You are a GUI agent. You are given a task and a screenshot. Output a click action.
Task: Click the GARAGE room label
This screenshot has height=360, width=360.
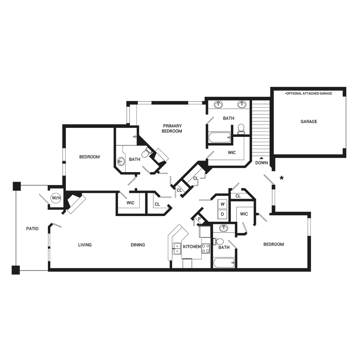[309, 121]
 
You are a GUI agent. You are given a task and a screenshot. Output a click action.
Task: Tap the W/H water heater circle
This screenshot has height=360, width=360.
[56, 198]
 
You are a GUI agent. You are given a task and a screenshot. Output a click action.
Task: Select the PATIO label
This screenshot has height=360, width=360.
[32, 229]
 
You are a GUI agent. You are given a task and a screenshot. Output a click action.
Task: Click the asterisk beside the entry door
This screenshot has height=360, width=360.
[282, 178]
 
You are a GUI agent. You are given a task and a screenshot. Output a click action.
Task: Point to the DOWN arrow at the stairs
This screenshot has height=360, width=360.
[261, 158]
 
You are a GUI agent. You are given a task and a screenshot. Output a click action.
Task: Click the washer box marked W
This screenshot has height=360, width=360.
[222, 204]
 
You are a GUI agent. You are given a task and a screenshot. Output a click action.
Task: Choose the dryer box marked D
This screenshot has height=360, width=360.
[222, 214]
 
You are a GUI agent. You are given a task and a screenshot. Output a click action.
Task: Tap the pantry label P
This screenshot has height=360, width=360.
[199, 219]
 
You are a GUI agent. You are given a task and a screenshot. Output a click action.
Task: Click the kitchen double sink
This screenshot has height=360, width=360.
[177, 248]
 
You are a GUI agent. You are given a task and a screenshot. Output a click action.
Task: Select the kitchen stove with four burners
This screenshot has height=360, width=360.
[206, 248]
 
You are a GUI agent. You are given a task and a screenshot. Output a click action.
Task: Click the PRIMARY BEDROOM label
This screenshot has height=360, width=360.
[172, 129]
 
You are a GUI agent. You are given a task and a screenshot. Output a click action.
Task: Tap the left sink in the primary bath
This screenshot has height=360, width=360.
[218, 105]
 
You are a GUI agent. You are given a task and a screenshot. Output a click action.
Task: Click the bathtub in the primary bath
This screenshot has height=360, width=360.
[220, 138]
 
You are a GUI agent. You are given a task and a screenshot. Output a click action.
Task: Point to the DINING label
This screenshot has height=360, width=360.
[138, 245]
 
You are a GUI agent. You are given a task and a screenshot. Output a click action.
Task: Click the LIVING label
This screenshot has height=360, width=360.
[85, 245]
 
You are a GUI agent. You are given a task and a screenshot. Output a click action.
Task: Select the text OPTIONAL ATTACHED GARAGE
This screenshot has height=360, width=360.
[309, 94]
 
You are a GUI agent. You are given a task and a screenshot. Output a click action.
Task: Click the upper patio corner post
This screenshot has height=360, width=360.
[17, 186]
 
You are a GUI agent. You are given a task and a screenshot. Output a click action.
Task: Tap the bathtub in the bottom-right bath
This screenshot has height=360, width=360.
[224, 263]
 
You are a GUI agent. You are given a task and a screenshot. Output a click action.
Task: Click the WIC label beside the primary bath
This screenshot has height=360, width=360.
[231, 153]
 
